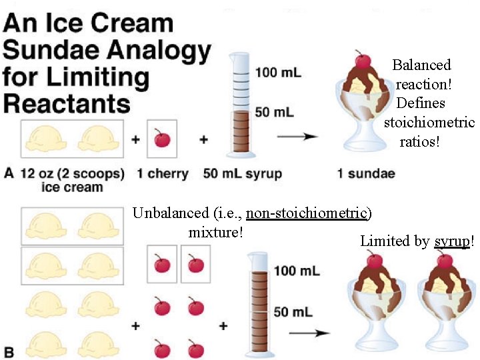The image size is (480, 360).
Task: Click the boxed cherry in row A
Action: [x=161, y=139]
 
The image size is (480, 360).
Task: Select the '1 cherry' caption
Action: [x=163, y=174]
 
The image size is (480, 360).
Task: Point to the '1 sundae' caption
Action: [x=366, y=174]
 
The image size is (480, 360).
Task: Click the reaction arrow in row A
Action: [x=297, y=137]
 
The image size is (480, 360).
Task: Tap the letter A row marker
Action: [x=9, y=173]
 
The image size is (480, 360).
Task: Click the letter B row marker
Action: [x=9, y=350]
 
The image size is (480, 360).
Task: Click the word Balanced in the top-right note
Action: [x=421, y=65]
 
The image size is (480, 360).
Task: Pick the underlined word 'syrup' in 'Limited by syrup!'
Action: [x=452, y=241]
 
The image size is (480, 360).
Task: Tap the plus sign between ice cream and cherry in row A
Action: [x=136, y=140]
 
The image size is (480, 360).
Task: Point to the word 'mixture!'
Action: [x=215, y=232]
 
